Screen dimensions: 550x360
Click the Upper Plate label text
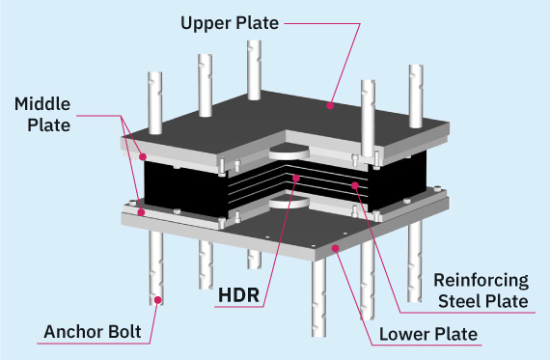click(x=230, y=23)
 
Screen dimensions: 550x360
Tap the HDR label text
click(x=239, y=294)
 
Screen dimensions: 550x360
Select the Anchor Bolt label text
click(x=93, y=332)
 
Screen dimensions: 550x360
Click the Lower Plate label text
click(x=428, y=334)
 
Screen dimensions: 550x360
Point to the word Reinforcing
click(x=481, y=281)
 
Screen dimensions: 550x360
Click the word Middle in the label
click(x=42, y=104)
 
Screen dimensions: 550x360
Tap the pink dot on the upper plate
click(x=330, y=105)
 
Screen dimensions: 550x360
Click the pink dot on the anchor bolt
click(x=158, y=300)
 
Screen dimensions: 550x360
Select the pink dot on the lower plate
click(x=336, y=248)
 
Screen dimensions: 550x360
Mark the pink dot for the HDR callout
click(x=296, y=179)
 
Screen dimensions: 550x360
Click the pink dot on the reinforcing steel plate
click(x=355, y=185)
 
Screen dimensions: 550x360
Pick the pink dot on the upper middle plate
click(x=143, y=157)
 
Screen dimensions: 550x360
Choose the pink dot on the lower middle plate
click(x=141, y=212)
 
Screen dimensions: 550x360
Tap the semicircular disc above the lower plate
click(x=289, y=203)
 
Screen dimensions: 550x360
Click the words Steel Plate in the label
click(x=483, y=301)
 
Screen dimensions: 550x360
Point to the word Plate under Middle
click(x=49, y=125)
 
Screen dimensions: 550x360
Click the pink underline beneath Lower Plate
click(x=426, y=345)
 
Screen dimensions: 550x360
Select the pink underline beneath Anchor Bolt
click(x=94, y=344)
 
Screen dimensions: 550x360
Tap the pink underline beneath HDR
click(x=239, y=307)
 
